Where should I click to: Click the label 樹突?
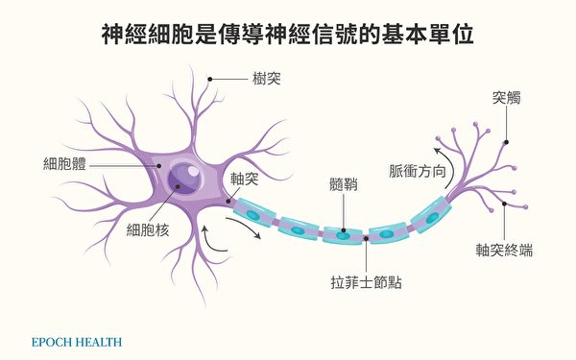pyautogui.click(x=266, y=79)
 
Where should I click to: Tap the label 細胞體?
pyautogui.click(x=64, y=163)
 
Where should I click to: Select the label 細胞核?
pyautogui.click(x=148, y=230)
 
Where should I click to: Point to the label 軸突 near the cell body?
pyautogui.click(x=244, y=179)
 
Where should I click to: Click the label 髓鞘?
pyautogui.click(x=344, y=184)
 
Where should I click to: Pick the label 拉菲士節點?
pyautogui.click(x=366, y=282)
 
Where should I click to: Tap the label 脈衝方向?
pyautogui.click(x=418, y=171)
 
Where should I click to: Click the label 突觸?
pyautogui.click(x=506, y=98)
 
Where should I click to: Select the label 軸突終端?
pyautogui.click(x=504, y=250)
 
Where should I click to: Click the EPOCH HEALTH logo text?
pyautogui.click(x=77, y=343)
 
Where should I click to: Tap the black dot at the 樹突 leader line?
pyautogui.click(x=209, y=79)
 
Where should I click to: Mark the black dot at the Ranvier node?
pyautogui.click(x=366, y=239)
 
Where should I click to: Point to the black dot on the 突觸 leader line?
pyautogui.click(x=506, y=142)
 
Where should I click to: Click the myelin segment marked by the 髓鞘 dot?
pyautogui.click(x=343, y=235)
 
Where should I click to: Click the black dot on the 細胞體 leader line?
pyautogui.click(x=158, y=166)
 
